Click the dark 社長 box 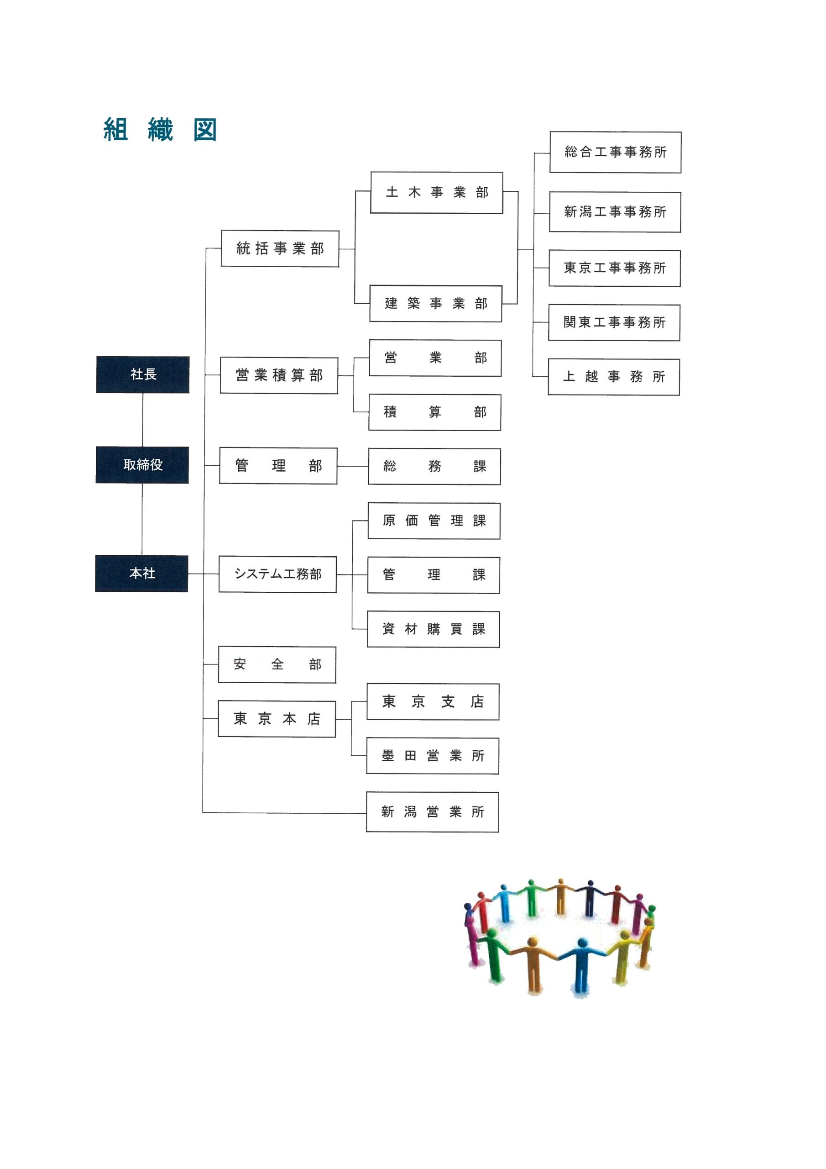[x=142, y=374]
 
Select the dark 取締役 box [x=142, y=465]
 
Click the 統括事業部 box [x=280, y=248]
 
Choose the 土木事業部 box [x=437, y=192]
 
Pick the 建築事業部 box [x=436, y=304]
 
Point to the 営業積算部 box [x=279, y=375]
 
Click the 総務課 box [x=434, y=466]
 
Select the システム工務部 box [x=278, y=574]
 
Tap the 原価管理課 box [x=434, y=521]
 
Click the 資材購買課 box [x=434, y=629]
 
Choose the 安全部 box [x=277, y=664]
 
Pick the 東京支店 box [x=433, y=701]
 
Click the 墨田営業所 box [x=433, y=756]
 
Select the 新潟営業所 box [x=433, y=811]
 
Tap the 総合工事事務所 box [x=615, y=152]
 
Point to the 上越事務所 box [x=614, y=377]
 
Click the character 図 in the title [x=205, y=130]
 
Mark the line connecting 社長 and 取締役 [x=142, y=420]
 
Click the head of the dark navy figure [x=591, y=883]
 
